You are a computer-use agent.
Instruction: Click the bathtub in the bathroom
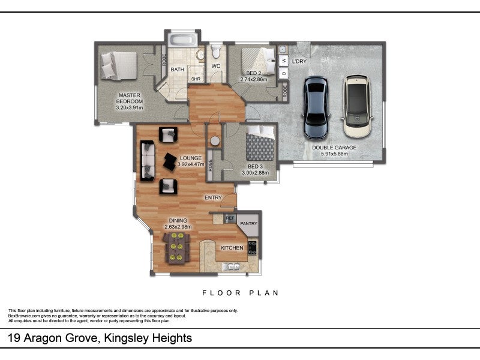pos(183,40)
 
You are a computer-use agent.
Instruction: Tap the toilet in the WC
pos(216,52)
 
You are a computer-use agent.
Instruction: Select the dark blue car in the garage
pos(317,107)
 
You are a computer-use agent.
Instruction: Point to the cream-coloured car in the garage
pos(356,106)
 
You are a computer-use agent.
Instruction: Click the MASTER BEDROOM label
pos(130,98)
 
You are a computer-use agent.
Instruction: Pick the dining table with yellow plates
pos(176,248)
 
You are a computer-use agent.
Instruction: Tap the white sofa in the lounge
pos(148,161)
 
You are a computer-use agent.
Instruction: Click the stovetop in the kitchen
pos(253,248)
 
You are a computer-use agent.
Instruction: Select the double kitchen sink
pos(232,267)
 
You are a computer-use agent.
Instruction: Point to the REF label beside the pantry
pos(230,218)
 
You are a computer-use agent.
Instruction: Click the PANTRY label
pos(248,223)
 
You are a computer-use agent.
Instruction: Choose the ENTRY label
pos(213,198)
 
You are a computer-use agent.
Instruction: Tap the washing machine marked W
pos(284,61)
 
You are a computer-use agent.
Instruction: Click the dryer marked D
pos(284,73)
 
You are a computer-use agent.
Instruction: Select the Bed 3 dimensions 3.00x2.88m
pos(256,173)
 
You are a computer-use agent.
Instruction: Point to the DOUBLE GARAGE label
pos(334,148)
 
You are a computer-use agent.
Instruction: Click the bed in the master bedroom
pos(119,66)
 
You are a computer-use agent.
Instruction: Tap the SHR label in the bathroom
pos(196,79)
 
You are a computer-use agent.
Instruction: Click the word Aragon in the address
pos(44,338)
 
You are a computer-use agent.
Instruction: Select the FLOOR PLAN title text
pos(241,293)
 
